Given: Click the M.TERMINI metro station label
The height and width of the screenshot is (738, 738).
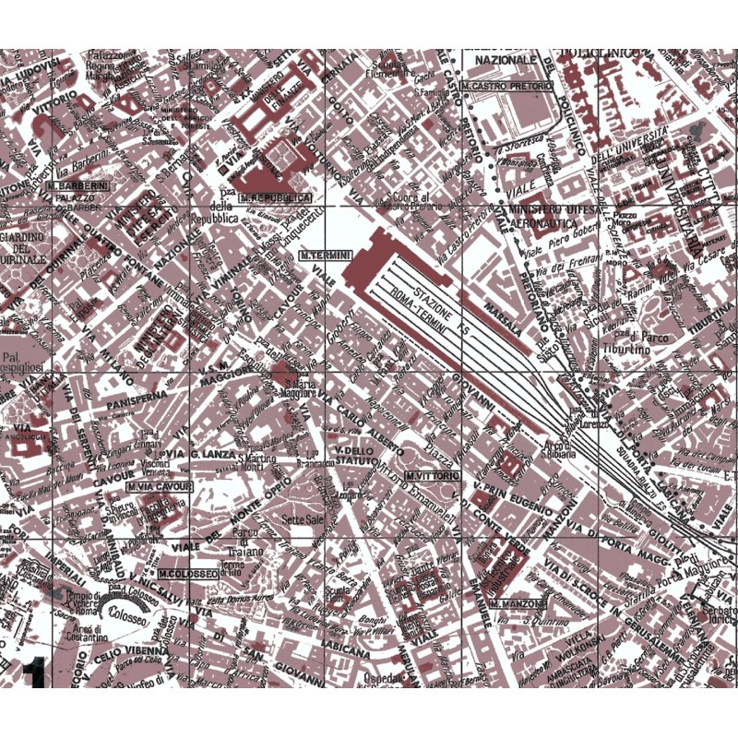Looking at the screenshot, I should click(x=321, y=254).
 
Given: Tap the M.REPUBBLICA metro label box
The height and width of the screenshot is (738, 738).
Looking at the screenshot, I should click(x=275, y=197).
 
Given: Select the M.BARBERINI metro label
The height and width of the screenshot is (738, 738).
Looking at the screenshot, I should click(x=77, y=184).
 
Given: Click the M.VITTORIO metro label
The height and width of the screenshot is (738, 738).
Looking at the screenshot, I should click(x=432, y=475).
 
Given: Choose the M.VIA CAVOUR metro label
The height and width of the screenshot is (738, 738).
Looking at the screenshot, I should click(x=159, y=486).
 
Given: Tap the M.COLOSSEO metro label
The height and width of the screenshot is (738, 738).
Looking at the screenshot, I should click(x=187, y=573).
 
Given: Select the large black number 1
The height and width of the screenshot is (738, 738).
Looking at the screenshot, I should click(x=34, y=676).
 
